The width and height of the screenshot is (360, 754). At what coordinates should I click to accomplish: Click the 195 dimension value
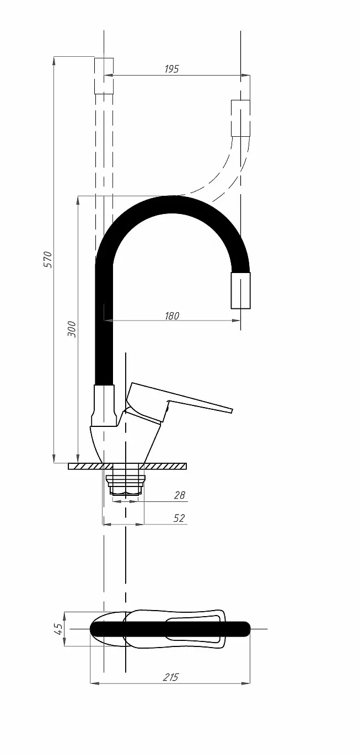pos(171,68)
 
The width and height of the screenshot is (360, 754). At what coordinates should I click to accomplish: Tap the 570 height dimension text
pos(49,260)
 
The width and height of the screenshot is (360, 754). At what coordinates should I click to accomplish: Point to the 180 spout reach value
pos(171,315)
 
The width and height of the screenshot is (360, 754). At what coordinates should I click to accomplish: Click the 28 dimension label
pos(179,495)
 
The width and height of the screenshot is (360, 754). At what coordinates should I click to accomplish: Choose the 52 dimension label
pos(179,518)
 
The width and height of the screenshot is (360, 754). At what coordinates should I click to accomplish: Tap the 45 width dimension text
pos(58,629)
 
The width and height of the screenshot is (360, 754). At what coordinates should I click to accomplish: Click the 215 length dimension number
pos(170,677)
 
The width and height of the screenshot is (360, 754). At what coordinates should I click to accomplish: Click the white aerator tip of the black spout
pos(240,291)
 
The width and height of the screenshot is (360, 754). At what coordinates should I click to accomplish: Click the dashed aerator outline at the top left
pos(104,76)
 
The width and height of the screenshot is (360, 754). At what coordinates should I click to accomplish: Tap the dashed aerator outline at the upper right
pos(240,118)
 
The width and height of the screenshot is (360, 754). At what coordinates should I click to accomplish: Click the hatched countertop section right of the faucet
pos(163,466)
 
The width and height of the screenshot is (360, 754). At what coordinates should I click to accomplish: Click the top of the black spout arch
pos(172,204)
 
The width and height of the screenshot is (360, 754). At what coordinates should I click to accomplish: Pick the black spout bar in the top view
pos(170,629)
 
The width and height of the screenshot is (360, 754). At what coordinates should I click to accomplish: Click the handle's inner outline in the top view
pos(195,629)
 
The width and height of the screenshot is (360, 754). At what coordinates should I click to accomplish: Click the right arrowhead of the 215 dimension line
pos(246,683)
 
